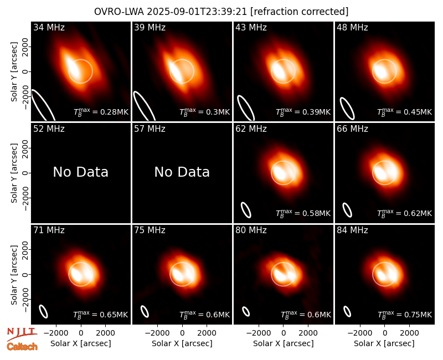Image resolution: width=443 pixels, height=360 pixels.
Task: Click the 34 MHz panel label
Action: point(49,27)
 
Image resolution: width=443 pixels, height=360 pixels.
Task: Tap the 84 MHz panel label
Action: point(352,230)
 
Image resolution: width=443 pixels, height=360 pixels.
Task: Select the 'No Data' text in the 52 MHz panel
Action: point(80,172)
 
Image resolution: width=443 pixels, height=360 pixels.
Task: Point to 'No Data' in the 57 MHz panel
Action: point(182,172)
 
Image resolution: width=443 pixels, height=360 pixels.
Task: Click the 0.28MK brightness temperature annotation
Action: point(101,111)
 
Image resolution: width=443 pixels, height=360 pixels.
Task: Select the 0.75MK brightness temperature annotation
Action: point(405,314)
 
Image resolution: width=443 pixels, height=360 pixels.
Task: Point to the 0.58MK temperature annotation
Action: point(303,213)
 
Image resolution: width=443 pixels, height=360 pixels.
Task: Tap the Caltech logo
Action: point(22,347)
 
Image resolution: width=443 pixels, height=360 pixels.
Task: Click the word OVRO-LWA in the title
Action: point(119,12)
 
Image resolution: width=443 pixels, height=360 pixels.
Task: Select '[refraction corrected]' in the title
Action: point(299,12)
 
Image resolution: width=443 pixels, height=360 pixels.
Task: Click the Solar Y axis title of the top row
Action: point(14,72)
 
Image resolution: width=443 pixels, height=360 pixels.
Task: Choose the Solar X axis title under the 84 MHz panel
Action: point(384,343)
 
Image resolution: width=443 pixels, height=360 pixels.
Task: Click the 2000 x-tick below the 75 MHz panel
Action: point(207,333)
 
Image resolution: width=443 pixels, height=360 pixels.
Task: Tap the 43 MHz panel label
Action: point(251,27)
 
